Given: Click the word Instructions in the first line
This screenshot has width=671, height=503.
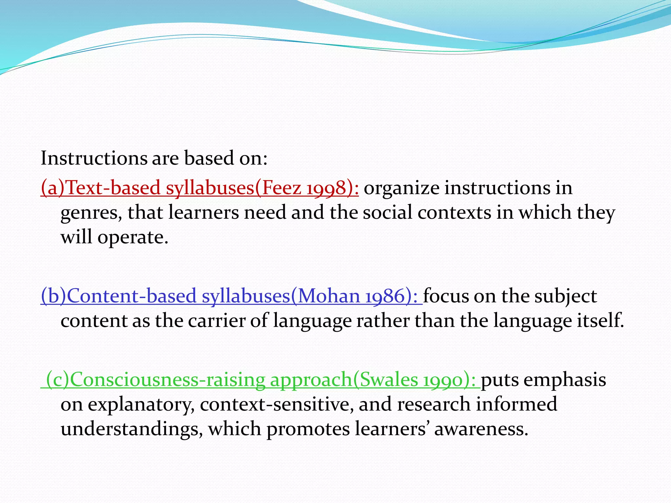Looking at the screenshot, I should (94, 158).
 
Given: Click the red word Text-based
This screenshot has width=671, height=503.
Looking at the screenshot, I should (113, 188).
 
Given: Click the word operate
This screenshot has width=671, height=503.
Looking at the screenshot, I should (133, 237).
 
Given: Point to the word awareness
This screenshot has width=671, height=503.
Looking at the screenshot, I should (481, 429).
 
